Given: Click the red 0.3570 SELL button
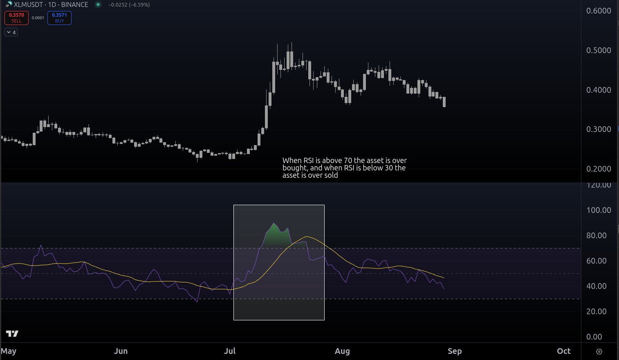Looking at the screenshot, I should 16,18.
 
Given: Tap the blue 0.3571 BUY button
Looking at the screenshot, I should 59,18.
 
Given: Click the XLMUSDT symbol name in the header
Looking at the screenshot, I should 28,4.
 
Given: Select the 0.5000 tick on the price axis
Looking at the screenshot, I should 599,50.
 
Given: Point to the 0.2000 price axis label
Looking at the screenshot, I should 599,169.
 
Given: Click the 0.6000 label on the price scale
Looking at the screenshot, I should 599,11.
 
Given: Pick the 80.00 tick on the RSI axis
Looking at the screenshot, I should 596,235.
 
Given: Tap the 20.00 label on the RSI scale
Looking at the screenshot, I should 596,311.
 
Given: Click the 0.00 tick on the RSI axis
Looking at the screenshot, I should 594,337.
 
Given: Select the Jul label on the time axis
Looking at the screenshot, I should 230,351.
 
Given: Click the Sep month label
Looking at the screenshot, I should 455,351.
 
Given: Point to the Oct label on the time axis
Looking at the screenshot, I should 564,351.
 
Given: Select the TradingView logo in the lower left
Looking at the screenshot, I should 12,334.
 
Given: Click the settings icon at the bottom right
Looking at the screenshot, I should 599,351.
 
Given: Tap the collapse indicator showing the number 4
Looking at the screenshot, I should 11,32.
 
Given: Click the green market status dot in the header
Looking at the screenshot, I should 98,4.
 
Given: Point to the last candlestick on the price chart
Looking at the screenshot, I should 444,102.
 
